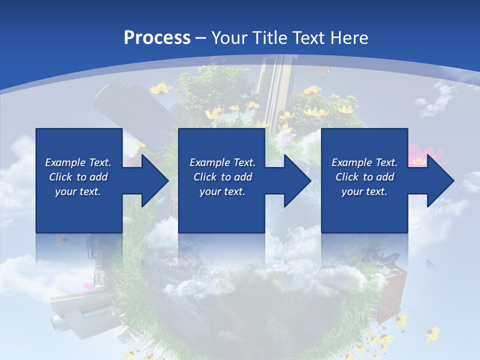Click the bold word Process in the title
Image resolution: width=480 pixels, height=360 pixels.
point(157,38)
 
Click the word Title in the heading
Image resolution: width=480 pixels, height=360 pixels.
point(271,38)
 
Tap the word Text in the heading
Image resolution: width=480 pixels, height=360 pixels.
point(310,38)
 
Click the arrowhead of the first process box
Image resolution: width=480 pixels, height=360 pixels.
point(153,180)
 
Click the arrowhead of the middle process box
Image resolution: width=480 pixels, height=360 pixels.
point(296,180)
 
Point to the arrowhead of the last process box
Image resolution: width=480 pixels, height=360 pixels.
point(439,180)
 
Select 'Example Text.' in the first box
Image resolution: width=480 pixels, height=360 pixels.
point(78,162)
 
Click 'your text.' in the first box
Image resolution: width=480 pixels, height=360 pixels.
point(78,191)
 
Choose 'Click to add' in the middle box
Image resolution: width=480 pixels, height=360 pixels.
point(222,177)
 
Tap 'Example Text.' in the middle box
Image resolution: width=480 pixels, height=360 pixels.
point(222,162)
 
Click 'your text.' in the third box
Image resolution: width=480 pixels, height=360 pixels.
point(364,191)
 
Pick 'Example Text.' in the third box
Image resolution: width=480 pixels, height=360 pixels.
point(364,162)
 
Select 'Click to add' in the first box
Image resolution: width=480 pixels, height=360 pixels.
point(78,177)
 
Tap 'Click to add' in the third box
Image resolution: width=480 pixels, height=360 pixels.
point(364,177)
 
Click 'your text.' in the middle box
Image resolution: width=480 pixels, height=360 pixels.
point(222,191)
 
